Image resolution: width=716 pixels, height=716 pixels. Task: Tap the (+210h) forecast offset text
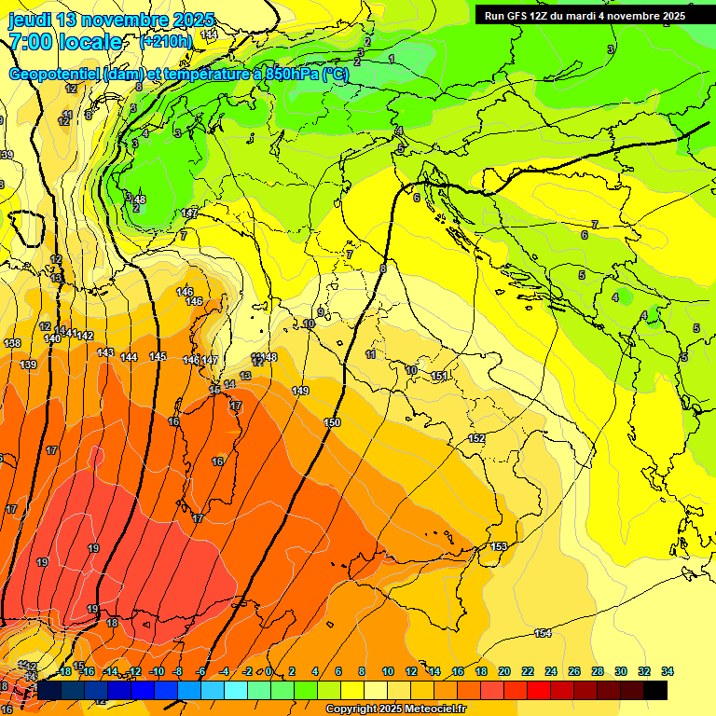point(166,41)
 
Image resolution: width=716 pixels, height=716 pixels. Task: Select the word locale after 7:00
point(90,42)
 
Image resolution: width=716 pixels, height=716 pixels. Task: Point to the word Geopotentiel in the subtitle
point(56,75)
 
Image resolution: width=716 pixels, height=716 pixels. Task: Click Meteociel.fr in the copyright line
point(431,709)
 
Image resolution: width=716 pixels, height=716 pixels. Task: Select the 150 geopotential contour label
point(332,423)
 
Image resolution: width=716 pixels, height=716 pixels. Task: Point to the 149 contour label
point(300,391)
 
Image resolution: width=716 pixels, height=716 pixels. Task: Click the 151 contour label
point(438,376)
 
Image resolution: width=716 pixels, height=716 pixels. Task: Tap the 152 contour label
point(476,438)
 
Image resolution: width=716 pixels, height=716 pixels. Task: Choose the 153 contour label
point(499,546)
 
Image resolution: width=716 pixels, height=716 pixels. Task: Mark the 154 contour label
point(543,634)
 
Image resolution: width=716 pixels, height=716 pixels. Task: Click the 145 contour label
point(158,357)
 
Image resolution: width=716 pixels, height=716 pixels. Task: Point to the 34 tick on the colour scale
point(668,672)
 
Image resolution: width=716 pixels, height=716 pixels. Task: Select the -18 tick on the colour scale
point(63,672)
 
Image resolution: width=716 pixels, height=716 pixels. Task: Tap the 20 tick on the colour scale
point(504,672)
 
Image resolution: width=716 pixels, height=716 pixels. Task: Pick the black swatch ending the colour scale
point(655,691)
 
